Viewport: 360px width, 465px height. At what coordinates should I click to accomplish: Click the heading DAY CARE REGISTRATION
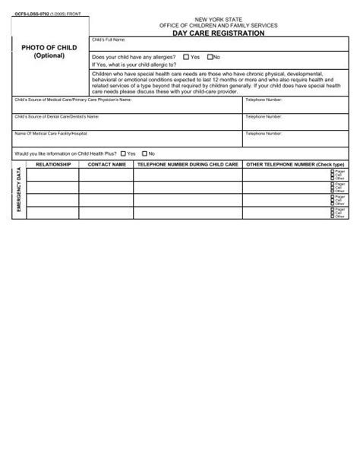tap(218, 34)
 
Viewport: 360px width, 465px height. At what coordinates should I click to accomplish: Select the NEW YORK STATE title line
tap(219, 17)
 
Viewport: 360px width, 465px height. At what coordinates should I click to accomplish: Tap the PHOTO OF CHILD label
tap(49, 48)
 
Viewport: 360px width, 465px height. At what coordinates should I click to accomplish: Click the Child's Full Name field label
tap(109, 39)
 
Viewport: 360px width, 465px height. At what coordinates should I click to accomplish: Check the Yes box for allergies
tap(187, 57)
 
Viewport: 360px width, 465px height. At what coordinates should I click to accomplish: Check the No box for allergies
tap(208, 57)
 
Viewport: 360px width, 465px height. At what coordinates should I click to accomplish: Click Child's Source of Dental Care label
tap(57, 116)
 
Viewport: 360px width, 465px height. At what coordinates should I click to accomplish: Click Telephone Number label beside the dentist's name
tap(264, 116)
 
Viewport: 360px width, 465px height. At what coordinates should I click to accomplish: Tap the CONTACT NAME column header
tap(106, 164)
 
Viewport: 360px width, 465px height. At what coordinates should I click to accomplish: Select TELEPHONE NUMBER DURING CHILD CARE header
tap(187, 164)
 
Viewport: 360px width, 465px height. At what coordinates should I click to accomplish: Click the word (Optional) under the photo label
tap(49, 56)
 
